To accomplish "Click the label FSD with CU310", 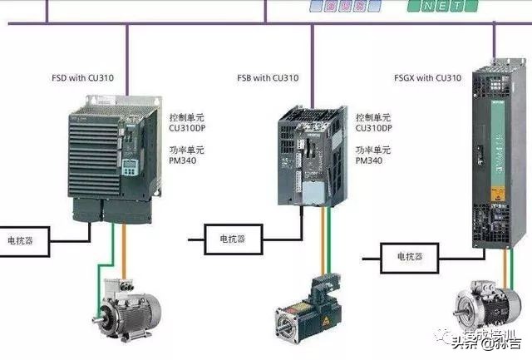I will click(82, 78).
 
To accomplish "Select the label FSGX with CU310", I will click(426, 78).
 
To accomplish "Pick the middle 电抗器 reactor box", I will click(232, 239).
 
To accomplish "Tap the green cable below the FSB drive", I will click(326, 241).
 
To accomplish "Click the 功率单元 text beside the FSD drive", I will click(186, 150).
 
